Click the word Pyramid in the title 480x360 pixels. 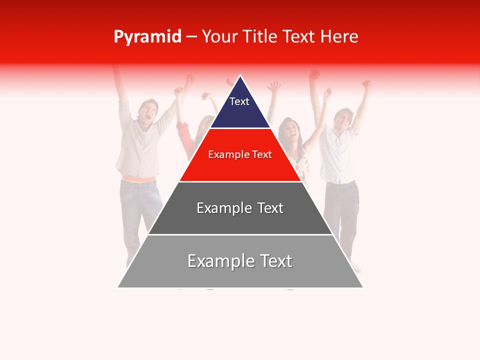(x=147, y=37)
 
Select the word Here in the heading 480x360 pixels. (x=339, y=37)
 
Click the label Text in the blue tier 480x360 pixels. (x=239, y=101)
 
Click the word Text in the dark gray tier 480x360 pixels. (x=269, y=208)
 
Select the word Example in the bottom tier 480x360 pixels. (x=218, y=261)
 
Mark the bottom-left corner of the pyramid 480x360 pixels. (x=118, y=287)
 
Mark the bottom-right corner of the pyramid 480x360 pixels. (x=362, y=287)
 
